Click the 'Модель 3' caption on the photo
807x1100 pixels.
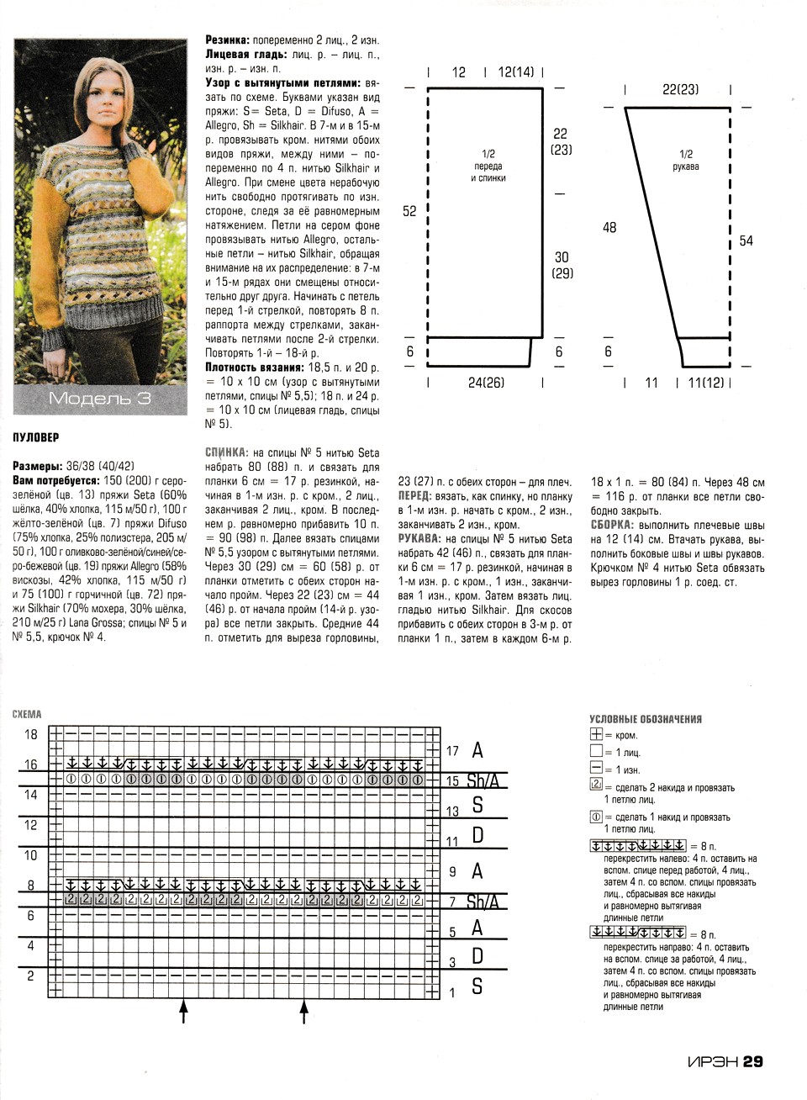point(99,398)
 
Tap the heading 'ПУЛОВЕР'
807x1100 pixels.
point(37,437)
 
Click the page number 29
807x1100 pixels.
point(752,1061)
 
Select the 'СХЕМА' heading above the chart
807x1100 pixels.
point(27,715)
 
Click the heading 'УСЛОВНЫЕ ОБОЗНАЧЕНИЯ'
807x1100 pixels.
point(646,719)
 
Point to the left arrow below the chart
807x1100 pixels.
point(183,1011)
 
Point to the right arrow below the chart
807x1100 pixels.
point(303,1011)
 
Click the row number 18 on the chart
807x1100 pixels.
point(31,734)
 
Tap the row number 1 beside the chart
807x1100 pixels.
point(452,992)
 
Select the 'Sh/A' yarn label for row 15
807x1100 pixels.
point(483,780)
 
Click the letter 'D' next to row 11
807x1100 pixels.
point(477,835)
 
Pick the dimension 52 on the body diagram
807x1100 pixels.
point(409,211)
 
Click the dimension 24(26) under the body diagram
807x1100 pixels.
point(486,383)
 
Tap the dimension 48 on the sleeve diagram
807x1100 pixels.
point(609,227)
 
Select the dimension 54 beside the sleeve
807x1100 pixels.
point(746,241)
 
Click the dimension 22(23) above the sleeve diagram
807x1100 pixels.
point(680,88)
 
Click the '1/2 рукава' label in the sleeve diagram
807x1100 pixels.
point(686,160)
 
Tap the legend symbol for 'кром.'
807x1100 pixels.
point(597,735)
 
